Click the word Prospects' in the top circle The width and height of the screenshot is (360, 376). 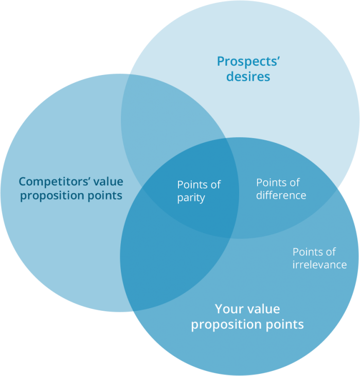pos(248,62)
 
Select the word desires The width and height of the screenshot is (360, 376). pos(248,77)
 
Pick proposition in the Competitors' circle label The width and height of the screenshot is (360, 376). pos(52,196)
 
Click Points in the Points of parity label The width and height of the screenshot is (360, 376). pos(192,185)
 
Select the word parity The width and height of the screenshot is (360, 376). pos(191,198)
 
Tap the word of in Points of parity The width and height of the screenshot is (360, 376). pos(215,185)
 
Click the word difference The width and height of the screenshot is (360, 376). pos(281,195)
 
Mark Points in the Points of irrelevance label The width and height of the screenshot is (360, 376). pos(308,252)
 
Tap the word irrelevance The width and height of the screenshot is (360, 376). pos(319,265)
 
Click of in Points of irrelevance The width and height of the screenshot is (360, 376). pos(331,252)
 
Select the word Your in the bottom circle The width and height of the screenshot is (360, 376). pos(229,309)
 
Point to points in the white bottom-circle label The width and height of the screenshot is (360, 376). pos(284,325)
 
